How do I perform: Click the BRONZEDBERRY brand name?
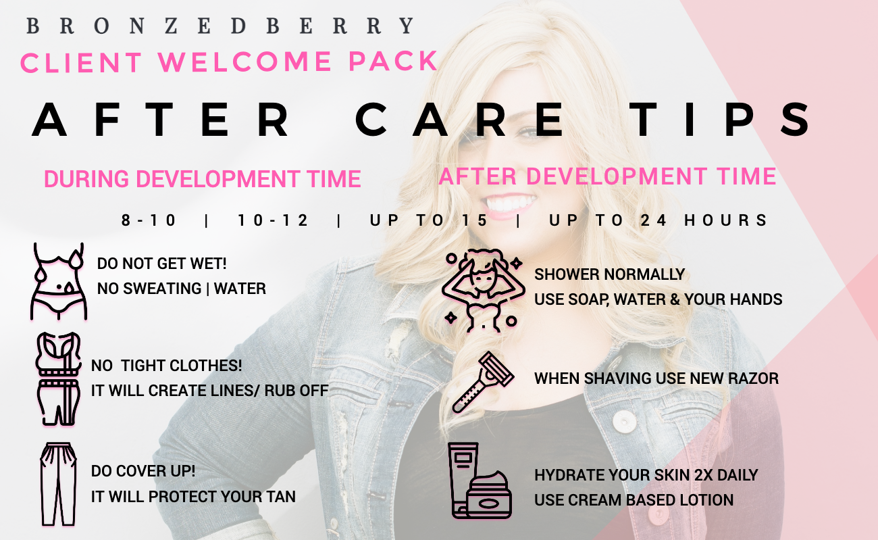[220, 26]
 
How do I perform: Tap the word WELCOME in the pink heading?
[245, 62]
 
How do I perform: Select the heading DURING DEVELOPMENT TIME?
[202, 179]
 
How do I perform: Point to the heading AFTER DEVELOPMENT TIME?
[607, 176]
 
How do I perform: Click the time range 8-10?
[149, 220]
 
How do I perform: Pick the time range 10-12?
[273, 220]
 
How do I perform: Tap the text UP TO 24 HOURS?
[658, 220]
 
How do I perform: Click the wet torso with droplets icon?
[59, 281]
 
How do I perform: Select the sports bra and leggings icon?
[58, 379]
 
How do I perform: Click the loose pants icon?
[58, 484]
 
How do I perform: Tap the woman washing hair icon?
[483, 290]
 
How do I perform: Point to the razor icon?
[483, 383]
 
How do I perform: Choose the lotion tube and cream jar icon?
[480, 481]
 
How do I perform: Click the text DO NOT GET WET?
[161, 264]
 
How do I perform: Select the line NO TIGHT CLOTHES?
[166, 366]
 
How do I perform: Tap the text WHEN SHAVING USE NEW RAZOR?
[656, 378]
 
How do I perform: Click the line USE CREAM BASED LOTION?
[634, 500]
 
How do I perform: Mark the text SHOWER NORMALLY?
[609, 274]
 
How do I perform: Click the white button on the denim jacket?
[625, 422]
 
